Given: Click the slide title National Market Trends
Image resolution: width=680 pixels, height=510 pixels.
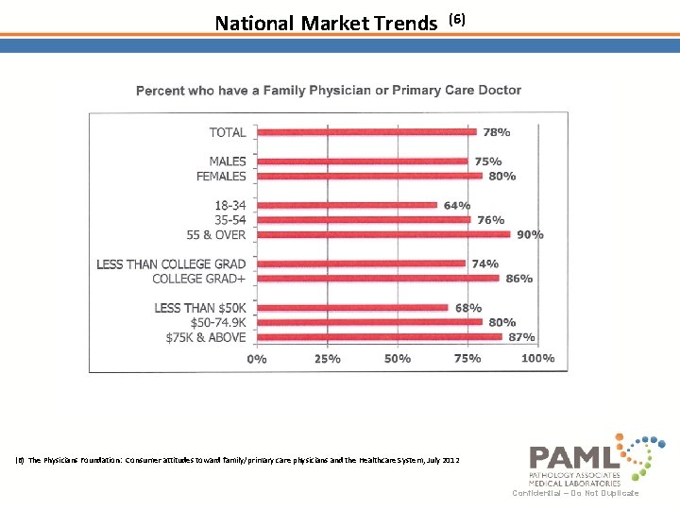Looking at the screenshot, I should [x=326, y=23].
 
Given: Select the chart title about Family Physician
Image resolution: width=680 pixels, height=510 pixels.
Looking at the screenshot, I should [x=329, y=91].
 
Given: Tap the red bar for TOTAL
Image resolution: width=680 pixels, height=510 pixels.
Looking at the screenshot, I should [x=366, y=132].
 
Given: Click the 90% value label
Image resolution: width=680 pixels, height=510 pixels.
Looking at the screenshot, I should [x=529, y=234].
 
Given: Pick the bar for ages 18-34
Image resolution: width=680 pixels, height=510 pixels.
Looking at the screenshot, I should [x=347, y=205].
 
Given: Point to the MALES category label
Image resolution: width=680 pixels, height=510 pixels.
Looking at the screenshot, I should [x=227, y=161].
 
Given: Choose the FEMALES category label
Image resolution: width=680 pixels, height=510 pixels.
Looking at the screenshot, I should [x=221, y=176].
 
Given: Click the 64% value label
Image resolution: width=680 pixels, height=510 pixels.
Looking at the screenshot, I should [x=456, y=205].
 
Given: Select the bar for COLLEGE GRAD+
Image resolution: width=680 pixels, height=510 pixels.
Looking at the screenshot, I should [x=378, y=279].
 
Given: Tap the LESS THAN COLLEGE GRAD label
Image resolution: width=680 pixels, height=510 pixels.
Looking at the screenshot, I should [x=171, y=264].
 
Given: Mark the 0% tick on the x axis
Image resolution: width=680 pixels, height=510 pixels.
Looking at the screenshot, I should [x=256, y=359].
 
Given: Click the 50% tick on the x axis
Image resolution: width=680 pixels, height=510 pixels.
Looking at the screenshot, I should [x=398, y=359].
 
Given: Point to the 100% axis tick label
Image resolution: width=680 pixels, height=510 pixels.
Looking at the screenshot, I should [x=537, y=359].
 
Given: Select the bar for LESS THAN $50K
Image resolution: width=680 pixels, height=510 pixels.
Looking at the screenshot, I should [x=351, y=308].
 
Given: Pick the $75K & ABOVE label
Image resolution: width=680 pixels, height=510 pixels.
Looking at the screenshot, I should [x=205, y=337].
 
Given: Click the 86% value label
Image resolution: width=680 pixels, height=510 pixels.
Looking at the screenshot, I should [x=518, y=279].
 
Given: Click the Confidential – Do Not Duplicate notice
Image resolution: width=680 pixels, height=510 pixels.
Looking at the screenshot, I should [x=575, y=493].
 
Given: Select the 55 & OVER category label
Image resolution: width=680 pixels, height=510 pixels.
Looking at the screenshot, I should [x=216, y=234].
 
